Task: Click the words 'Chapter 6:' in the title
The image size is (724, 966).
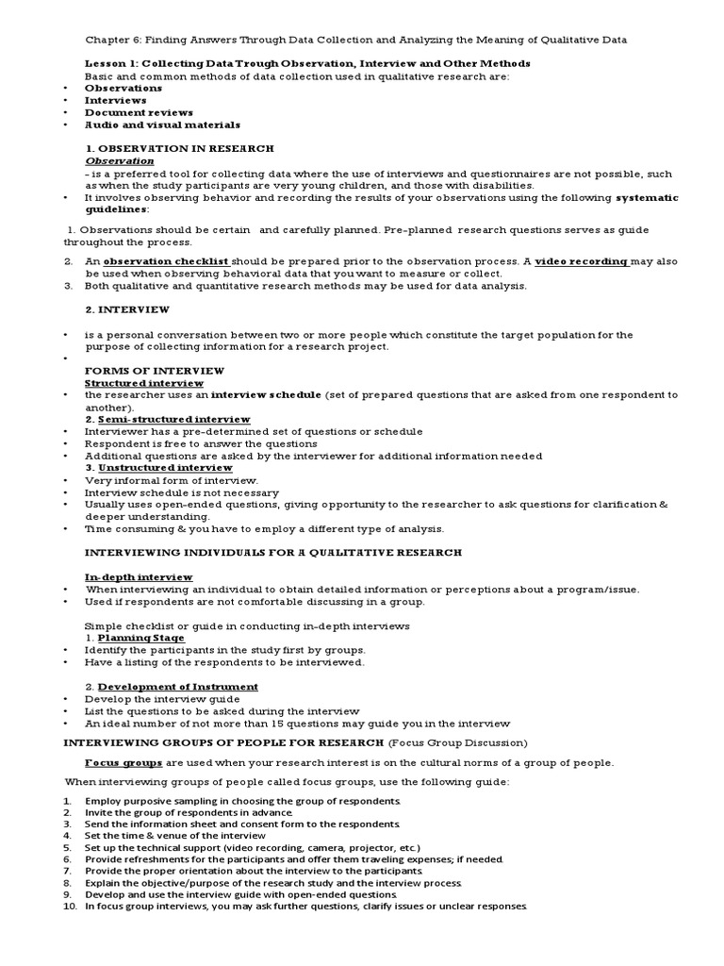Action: click(x=110, y=40)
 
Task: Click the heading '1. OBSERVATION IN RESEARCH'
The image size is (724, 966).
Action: click(x=179, y=148)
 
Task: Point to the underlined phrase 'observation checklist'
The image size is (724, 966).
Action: click(x=165, y=260)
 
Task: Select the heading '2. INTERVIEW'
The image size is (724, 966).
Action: click(x=127, y=309)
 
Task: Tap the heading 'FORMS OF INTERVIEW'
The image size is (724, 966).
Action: click(x=143, y=371)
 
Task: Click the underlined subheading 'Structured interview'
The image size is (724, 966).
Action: click(x=144, y=383)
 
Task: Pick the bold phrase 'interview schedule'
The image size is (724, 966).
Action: click(x=266, y=394)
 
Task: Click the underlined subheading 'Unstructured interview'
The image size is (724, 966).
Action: click(x=165, y=468)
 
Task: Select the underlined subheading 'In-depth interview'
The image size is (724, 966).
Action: click(x=139, y=576)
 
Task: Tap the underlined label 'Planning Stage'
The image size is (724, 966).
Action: click(x=141, y=638)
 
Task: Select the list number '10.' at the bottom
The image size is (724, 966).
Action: click(x=70, y=907)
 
